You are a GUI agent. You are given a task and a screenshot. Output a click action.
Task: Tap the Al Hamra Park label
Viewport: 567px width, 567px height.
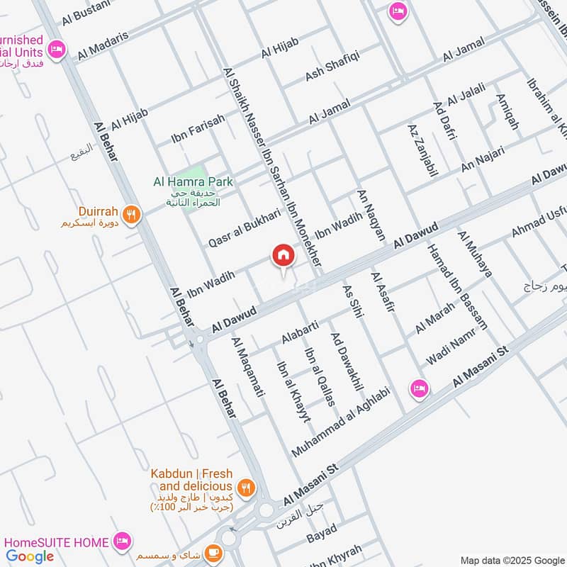[x=193, y=182]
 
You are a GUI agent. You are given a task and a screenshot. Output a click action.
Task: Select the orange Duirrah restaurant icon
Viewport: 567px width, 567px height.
[x=130, y=214]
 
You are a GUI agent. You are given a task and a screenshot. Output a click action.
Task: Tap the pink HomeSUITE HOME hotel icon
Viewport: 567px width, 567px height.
[x=122, y=542]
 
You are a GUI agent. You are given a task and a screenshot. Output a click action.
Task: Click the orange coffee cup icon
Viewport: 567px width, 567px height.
[x=211, y=552]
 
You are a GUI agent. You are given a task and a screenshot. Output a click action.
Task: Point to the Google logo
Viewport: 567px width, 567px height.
[x=30, y=556]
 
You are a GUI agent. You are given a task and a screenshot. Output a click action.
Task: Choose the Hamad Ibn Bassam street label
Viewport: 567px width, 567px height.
[x=457, y=286]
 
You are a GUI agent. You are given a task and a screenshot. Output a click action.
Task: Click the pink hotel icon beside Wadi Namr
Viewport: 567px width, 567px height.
[x=420, y=388]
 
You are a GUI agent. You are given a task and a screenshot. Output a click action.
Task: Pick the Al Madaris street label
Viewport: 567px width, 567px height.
[x=103, y=45]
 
